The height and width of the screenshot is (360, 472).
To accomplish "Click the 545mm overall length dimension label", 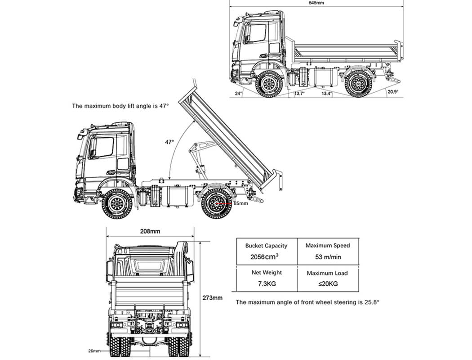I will coord(316,3).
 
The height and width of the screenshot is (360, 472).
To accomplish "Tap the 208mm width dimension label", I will coord(150,231).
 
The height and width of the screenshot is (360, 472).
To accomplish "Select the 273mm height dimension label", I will coord(212,297).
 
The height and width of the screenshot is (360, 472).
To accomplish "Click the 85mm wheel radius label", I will coord(240,203).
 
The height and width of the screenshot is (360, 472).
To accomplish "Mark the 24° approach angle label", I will coord(238,94).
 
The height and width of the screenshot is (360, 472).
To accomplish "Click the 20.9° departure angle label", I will coord(392,92).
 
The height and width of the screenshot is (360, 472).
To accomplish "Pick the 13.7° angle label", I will coord(299,94).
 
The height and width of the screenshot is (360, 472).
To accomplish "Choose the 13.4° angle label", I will coord(326,94).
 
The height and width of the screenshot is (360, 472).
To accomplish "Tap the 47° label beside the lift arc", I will coord(169,142).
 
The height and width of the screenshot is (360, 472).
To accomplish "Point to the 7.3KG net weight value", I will coord(266,283).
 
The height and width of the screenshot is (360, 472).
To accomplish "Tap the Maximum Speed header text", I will coord(327,246).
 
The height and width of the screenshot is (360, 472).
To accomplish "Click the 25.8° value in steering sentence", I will coord(371,302).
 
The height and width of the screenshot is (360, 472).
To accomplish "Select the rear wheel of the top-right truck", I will coord(358,84).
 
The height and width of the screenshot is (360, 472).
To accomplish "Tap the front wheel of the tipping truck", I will coord(117,204).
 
